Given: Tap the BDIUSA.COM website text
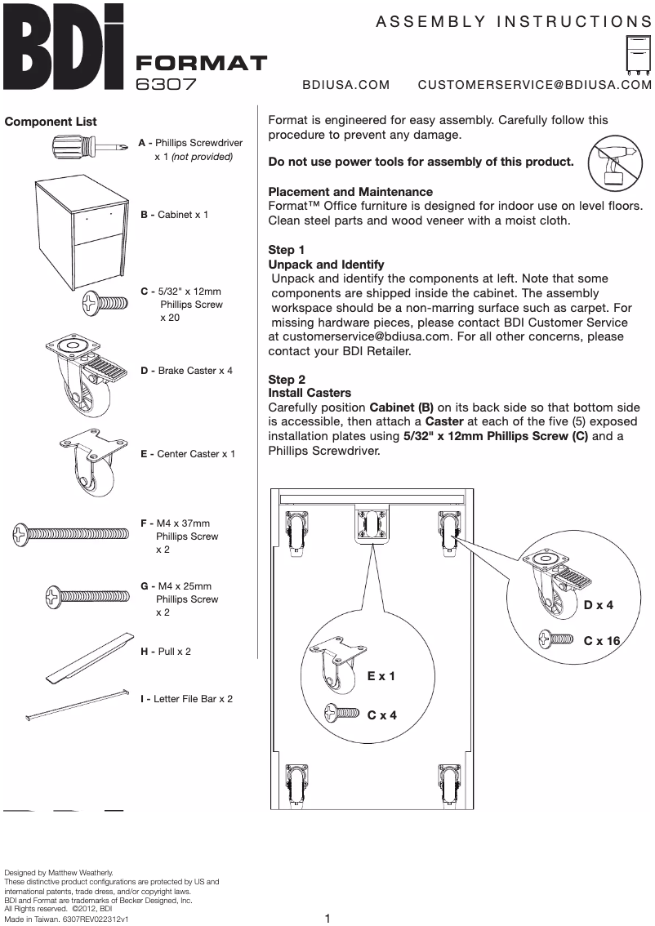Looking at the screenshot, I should [345, 84].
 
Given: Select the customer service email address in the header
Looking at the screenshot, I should [534, 84].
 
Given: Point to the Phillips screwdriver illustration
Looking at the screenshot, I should [86, 149].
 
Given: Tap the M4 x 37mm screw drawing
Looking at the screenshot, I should [74, 536].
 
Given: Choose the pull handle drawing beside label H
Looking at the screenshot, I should [89, 657].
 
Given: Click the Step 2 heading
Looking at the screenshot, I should [287, 380].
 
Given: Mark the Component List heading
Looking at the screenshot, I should [51, 122].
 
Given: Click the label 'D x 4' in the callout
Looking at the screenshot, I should [598, 605].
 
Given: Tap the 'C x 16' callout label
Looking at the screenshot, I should [602, 641].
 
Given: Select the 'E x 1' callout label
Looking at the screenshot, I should [381, 676].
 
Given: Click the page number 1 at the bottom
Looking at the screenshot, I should [327, 918].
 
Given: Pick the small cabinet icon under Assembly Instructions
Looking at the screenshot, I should [635, 55].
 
